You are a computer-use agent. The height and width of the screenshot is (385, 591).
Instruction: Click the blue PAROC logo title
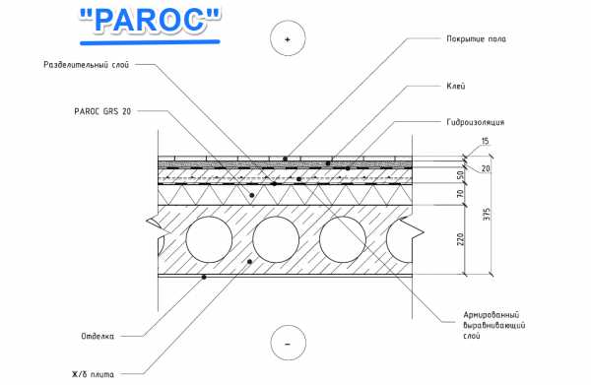tap(150, 21)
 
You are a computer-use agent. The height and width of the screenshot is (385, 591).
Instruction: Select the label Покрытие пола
tap(477, 38)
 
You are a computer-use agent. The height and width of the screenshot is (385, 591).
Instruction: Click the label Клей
tap(456, 86)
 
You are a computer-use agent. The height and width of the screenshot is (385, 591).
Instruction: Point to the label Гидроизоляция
tap(476, 122)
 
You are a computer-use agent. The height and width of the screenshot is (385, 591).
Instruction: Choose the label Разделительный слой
tap(87, 65)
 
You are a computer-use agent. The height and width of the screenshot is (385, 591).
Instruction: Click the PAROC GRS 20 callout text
tap(102, 111)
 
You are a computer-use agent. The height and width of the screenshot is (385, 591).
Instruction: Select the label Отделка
tap(98, 336)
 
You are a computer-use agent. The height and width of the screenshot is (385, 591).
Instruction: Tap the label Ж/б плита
tap(93, 374)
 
